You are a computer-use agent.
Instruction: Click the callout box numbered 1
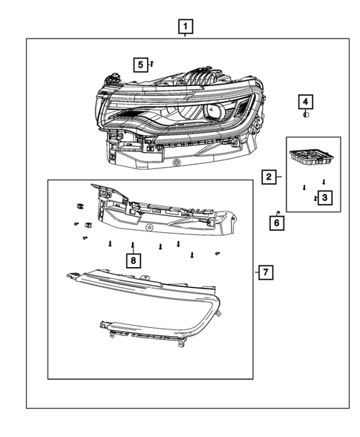[x=186, y=27]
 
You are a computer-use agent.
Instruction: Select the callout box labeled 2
[x=268, y=177]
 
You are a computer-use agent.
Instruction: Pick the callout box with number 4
[x=306, y=101]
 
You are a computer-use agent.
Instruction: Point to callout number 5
[x=140, y=65]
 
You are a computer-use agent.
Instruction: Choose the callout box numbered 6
[x=276, y=222]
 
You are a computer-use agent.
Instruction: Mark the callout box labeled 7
[x=266, y=272]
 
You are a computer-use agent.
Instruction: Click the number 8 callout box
[x=132, y=260]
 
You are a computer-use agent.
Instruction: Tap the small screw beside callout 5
[x=151, y=65]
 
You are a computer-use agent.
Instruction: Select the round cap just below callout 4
[x=306, y=114]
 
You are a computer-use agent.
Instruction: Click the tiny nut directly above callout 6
[x=276, y=212]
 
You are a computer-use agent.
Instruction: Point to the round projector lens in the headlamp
[x=215, y=111]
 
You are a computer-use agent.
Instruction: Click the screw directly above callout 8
[x=132, y=244]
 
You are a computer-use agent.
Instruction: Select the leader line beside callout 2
[x=279, y=177]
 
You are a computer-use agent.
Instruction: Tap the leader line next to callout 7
[x=255, y=272]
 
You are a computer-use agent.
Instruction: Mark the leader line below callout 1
[x=186, y=36]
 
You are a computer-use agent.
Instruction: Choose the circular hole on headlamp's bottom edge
[x=177, y=162]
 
